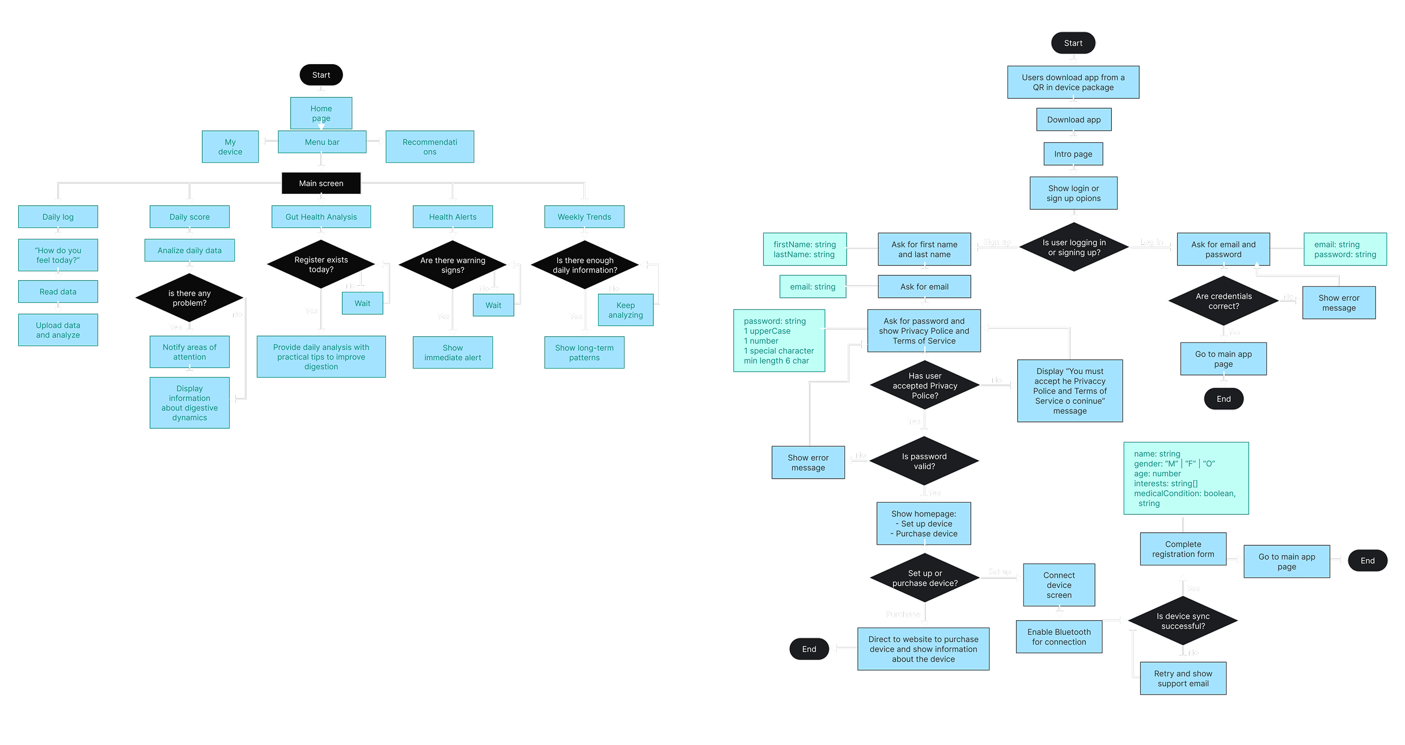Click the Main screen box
coord(321,183)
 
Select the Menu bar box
coord(322,142)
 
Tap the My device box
coord(230,147)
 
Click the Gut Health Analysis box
coord(321,217)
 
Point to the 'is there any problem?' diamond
coord(189,298)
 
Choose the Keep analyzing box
coord(625,310)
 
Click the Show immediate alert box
coord(452,353)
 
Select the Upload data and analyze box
coord(58,330)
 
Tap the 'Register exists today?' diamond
coord(321,264)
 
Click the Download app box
coord(1073,120)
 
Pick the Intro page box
coord(1073,154)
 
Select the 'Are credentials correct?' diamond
coord(1224,301)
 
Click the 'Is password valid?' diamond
coord(924,461)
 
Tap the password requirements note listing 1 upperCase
coord(779,341)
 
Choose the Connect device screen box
coord(1059,585)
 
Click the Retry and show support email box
coord(1183,679)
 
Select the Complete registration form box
coord(1183,549)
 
